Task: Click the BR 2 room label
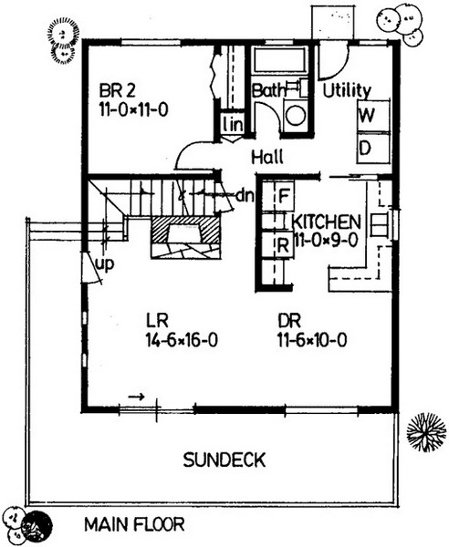pyautogui.click(x=117, y=91)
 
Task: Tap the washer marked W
pyautogui.click(x=373, y=116)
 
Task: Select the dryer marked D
pyautogui.click(x=373, y=149)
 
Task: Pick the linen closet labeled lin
pyautogui.click(x=233, y=124)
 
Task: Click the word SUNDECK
pyautogui.click(x=224, y=459)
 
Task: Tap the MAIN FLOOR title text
pyautogui.click(x=135, y=524)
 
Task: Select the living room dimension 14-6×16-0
pyautogui.click(x=182, y=340)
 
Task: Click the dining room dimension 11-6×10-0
pyautogui.click(x=312, y=340)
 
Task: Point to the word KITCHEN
pyautogui.click(x=327, y=222)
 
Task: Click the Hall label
pyautogui.click(x=267, y=157)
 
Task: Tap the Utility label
pyautogui.click(x=347, y=91)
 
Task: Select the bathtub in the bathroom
pyautogui.click(x=280, y=60)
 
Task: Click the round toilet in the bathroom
pyautogui.click(x=295, y=114)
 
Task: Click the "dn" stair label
pyautogui.click(x=245, y=196)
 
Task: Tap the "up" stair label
pyautogui.click(x=105, y=264)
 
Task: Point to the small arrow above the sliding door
pyautogui.click(x=136, y=397)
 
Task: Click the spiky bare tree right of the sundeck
pyautogui.click(x=426, y=432)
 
